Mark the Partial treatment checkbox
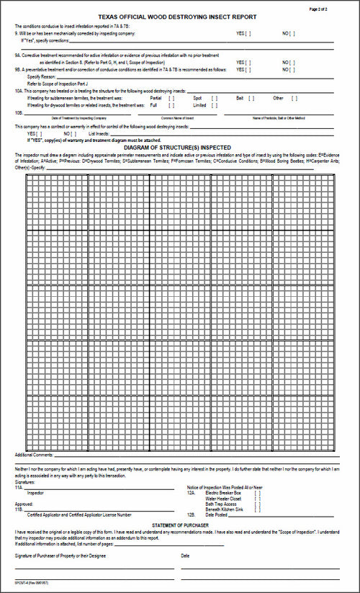click(x=171, y=97)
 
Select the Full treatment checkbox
click(x=171, y=105)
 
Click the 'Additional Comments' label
click(x=34, y=455)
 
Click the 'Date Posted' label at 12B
click(x=217, y=515)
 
